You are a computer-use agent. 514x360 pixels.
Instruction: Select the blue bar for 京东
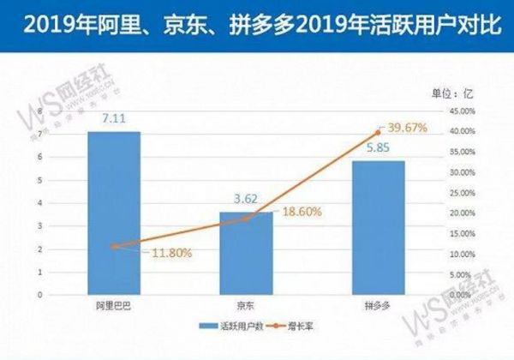[246, 252]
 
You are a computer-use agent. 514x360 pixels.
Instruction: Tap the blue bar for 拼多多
[378, 227]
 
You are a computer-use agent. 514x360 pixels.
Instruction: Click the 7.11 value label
[113, 120]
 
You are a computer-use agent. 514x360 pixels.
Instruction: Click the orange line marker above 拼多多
[378, 132]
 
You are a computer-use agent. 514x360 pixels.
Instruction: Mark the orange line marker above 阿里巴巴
[113, 246]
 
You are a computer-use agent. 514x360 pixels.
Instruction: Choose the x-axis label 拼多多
[378, 304]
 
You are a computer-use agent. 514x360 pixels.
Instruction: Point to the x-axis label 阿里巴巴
[113, 304]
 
